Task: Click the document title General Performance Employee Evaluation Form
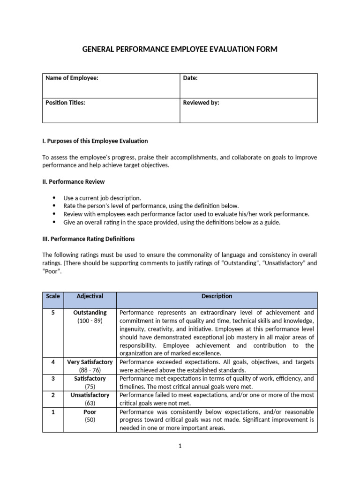pyautogui.click(x=180, y=49)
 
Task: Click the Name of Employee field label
pyautogui.click(x=72, y=78)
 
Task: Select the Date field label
pyautogui.click(x=190, y=78)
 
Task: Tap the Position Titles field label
pyautogui.click(x=65, y=103)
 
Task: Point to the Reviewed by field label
pyautogui.click(x=201, y=103)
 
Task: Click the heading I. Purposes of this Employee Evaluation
pyautogui.click(x=95, y=141)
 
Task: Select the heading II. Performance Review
pyautogui.click(x=74, y=181)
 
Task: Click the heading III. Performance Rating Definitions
pyautogui.click(x=89, y=239)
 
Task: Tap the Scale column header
pyautogui.click(x=53, y=296)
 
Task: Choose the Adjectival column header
pyautogui.click(x=90, y=296)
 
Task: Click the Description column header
pyautogui.click(x=217, y=296)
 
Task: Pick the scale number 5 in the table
pyautogui.click(x=53, y=313)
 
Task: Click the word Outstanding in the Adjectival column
pyautogui.click(x=90, y=313)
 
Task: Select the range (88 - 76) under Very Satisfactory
pyautogui.click(x=90, y=370)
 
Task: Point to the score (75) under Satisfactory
pyautogui.click(x=90, y=387)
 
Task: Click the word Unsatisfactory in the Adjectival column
pyautogui.click(x=90, y=395)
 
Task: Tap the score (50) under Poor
pyautogui.click(x=90, y=420)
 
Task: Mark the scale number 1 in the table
pyautogui.click(x=53, y=412)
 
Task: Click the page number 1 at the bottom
pyautogui.click(x=180, y=446)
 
